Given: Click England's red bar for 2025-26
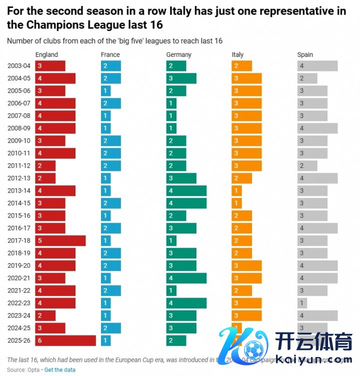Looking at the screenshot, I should pyautogui.click(x=65, y=341).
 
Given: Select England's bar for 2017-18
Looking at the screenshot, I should pyautogui.click(x=60, y=241).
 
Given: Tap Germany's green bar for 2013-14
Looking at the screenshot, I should pyautogui.click(x=186, y=191).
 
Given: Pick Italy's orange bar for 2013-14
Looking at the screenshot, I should pyautogui.click(x=236, y=191).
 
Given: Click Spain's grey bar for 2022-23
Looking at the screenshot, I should pyautogui.click(x=302, y=303).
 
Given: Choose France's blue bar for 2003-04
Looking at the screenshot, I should pyautogui.click(x=110, y=66).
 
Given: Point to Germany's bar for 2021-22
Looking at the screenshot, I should pyautogui.click(x=171, y=291).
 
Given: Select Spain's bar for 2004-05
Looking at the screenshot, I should pyautogui.click(x=307, y=78).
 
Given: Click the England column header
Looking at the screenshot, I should pyautogui.click(x=46, y=54).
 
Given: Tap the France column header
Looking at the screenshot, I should pyautogui.click(x=110, y=54).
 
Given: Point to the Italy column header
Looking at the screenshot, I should pyautogui.click(x=237, y=54).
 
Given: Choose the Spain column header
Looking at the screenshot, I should pyautogui.click(x=305, y=54).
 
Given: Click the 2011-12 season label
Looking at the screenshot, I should pyautogui.click(x=19, y=166).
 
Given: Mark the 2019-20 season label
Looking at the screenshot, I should pyautogui.click(x=19, y=266).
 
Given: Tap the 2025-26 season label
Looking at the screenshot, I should pyautogui.click(x=19, y=341).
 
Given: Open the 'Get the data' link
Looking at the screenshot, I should pyautogui.click(x=60, y=370).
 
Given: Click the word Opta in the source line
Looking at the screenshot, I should pyautogui.click(x=33, y=370).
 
